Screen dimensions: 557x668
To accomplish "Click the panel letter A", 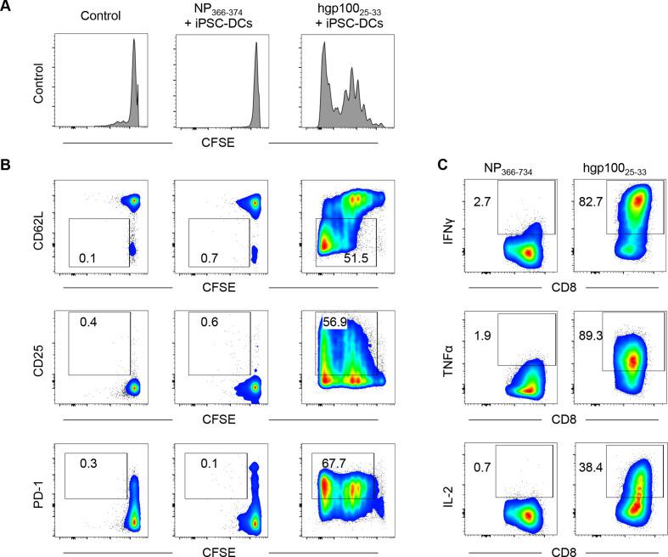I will [7, 8].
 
